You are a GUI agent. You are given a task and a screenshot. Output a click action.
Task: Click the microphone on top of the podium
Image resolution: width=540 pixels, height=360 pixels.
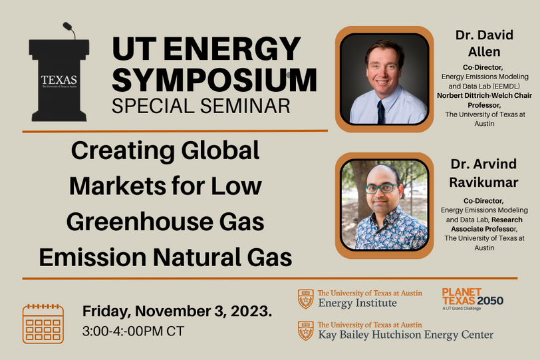[68, 29]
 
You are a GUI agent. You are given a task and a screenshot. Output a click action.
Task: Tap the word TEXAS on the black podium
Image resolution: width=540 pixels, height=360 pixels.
[59, 81]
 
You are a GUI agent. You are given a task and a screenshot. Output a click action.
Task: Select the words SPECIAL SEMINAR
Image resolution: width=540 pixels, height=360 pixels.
[202, 106]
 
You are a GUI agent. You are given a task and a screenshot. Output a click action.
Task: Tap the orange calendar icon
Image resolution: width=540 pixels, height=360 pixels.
[43, 323]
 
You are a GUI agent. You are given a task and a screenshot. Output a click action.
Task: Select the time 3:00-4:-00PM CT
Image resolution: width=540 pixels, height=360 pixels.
[133, 331]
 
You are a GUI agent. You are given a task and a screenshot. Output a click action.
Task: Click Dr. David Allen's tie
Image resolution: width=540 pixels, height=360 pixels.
[381, 110]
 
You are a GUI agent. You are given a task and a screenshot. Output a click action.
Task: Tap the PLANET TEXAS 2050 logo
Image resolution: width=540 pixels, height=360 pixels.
[472, 297]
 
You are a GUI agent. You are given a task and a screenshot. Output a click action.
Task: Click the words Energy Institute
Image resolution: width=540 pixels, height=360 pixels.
[357, 303]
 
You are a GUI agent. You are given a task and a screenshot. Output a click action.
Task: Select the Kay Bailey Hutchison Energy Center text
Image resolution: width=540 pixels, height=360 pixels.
[405, 334]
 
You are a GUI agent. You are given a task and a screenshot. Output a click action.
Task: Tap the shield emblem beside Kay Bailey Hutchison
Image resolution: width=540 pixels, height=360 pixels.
[305, 329]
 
